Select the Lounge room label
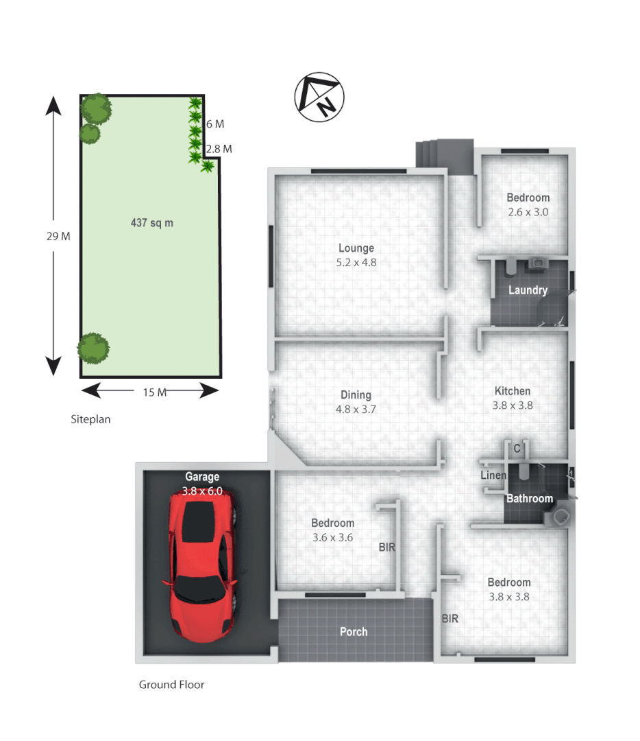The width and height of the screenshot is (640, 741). click(356, 248)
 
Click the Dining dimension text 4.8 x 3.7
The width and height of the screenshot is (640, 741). click(356, 409)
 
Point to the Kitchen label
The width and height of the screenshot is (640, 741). click(513, 391)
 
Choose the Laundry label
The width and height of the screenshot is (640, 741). click(528, 290)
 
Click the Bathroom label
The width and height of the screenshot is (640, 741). click(529, 498)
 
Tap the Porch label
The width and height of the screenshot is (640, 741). click(354, 631)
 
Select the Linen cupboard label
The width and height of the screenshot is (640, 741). click(493, 475)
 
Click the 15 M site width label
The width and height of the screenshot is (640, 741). click(155, 392)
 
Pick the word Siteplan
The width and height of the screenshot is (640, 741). click(90, 419)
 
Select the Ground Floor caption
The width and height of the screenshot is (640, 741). click(171, 684)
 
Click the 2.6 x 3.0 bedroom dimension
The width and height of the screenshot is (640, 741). click(528, 212)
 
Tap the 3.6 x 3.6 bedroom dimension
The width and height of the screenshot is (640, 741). click(332, 537)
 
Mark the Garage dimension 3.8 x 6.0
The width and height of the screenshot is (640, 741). click(202, 491)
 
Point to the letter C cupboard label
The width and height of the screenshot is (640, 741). click(518, 448)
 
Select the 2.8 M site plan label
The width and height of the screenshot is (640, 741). click(219, 148)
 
